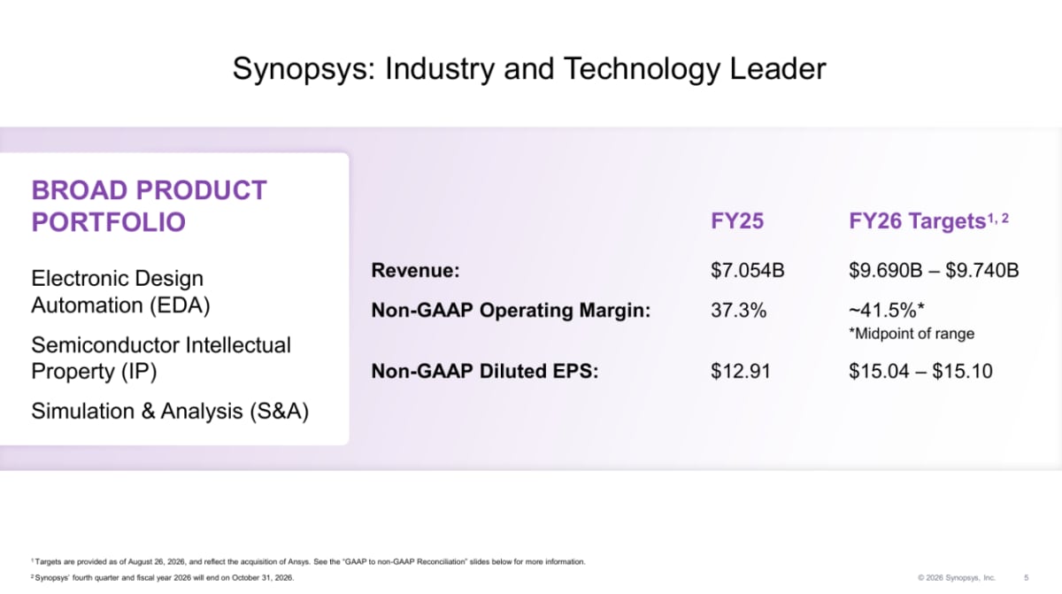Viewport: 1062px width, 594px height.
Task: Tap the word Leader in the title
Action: coord(778,69)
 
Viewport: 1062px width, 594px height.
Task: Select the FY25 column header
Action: coord(737,221)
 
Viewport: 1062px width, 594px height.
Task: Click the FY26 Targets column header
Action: coord(928,220)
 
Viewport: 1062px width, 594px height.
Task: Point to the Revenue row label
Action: coord(415,271)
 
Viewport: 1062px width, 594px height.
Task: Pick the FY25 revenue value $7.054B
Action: coord(748,271)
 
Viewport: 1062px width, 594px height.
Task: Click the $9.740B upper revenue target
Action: coord(981,271)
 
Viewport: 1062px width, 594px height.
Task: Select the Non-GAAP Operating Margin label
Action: coord(512,311)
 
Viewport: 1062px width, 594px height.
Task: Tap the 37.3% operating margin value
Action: coord(739,311)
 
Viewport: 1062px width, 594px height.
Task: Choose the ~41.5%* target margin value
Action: coord(887,311)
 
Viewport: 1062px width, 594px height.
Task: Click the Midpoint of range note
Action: coord(912,334)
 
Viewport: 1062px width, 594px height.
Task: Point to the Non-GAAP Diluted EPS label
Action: coord(485,371)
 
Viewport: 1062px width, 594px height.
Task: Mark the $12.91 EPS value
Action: coord(741,371)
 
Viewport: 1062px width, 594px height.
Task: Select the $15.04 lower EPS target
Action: coord(878,371)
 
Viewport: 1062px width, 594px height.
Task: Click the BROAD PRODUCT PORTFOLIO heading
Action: coord(149,206)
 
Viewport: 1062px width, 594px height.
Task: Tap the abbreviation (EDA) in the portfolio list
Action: coord(180,305)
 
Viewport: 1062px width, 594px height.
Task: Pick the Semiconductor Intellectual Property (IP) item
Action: coord(161,359)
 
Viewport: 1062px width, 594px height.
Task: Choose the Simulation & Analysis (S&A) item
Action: coord(170,412)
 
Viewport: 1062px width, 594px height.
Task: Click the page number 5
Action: coord(1026,578)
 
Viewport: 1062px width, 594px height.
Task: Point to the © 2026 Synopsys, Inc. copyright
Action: coord(957,578)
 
